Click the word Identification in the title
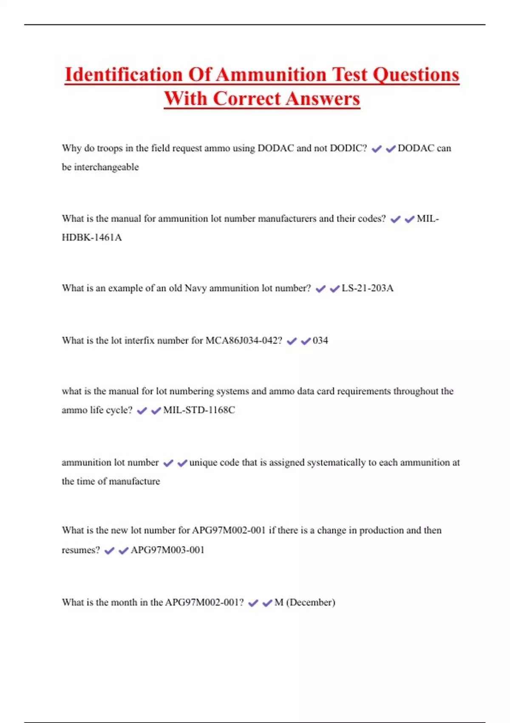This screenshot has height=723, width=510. (x=124, y=75)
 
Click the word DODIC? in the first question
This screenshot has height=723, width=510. (x=348, y=148)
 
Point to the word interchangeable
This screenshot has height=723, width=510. (x=106, y=167)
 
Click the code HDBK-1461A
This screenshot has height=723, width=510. (x=92, y=237)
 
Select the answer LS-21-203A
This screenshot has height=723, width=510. (x=367, y=288)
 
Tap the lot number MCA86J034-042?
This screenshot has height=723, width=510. (x=244, y=340)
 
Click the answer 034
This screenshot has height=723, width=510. (x=320, y=340)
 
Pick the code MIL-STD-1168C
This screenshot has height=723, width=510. (x=199, y=410)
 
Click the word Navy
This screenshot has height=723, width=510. (x=195, y=288)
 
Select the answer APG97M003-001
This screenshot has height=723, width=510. (x=167, y=550)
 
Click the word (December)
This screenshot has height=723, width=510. (x=311, y=602)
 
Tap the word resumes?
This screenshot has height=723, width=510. (x=81, y=550)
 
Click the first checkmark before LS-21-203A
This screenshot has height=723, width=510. (x=320, y=289)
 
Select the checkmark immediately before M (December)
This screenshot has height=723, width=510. (x=267, y=603)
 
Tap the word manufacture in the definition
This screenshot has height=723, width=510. (x=135, y=481)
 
